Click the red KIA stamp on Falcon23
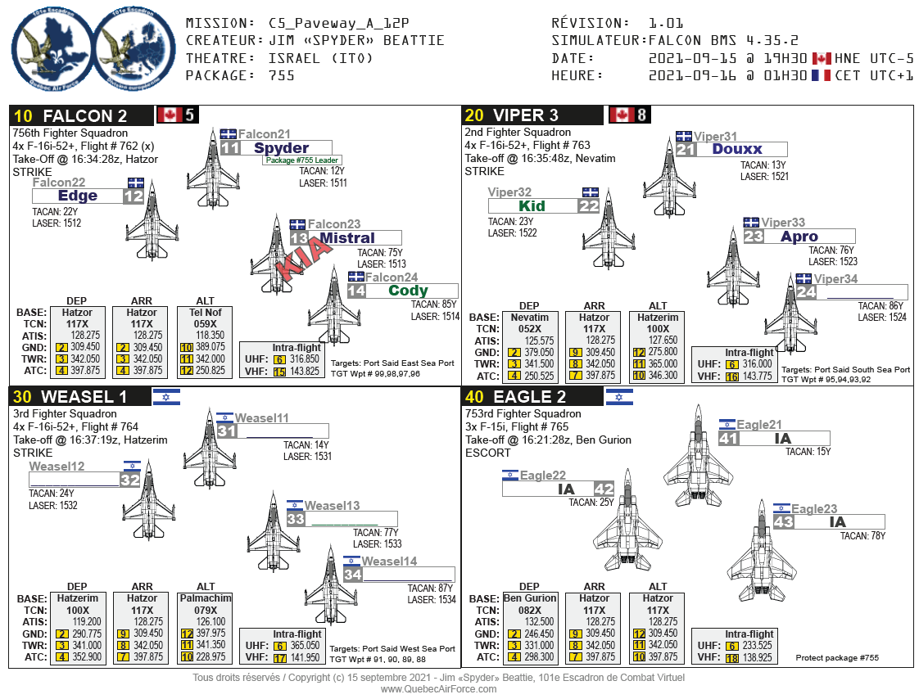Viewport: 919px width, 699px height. pyautogui.click(x=304, y=258)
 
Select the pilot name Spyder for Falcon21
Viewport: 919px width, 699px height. pyautogui.click(x=281, y=148)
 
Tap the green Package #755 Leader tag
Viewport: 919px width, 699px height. pyautogui.click(x=301, y=160)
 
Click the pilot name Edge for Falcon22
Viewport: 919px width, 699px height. pyautogui.click(x=78, y=196)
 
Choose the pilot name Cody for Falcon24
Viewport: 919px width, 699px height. pyautogui.click(x=408, y=291)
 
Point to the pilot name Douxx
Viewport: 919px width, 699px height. pyautogui.click(x=737, y=149)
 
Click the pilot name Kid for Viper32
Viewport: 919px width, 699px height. pyautogui.click(x=532, y=206)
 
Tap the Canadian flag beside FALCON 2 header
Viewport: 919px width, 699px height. pyautogui.click(x=170, y=115)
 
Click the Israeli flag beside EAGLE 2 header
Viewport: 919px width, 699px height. pyautogui.click(x=620, y=397)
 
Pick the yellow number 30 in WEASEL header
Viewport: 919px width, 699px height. pyautogui.click(x=23, y=397)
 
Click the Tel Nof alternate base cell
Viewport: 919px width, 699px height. pyautogui.click(x=205, y=313)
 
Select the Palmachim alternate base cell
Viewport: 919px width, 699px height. pyautogui.click(x=205, y=598)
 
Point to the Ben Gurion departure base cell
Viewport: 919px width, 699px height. pyautogui.click(x=529, y=598)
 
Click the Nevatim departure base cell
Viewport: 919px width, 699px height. pyautogui.click(x=529, y=317)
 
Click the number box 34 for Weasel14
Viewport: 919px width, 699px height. pyautogui.click(x=353, y=575)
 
